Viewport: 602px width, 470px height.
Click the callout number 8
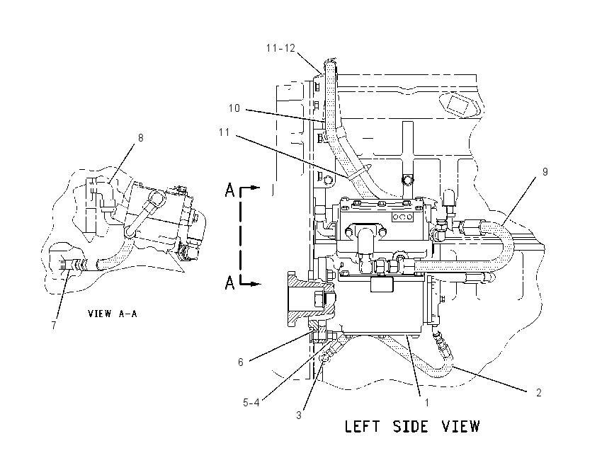coord(140,138)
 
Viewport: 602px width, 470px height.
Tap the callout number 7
coord(54,326)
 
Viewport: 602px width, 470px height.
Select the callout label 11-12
coord(280,48)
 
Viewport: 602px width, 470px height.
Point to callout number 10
coord(234,108)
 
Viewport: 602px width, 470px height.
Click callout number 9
coord(545,172)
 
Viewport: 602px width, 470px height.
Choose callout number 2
coord(539,393)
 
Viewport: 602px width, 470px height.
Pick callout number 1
coord(426,403)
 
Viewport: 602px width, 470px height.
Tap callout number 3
coord(299,415)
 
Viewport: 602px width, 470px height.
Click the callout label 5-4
coord(251,403)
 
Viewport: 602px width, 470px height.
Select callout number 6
coord(241,362)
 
